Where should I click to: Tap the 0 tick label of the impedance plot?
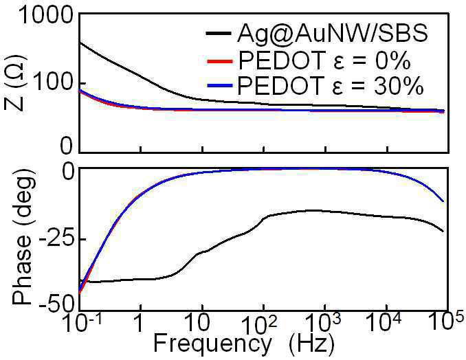(66, 146)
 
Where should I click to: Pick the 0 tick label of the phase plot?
(69, 172)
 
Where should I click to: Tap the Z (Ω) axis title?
(14, 82)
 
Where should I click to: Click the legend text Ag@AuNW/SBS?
(333, 33)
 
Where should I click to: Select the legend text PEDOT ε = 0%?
(324, 60)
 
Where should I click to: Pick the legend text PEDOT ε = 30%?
(331, 85)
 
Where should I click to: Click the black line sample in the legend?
(219, 33)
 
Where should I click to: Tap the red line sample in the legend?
(219, 61)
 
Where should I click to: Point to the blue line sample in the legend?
(219, 86)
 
